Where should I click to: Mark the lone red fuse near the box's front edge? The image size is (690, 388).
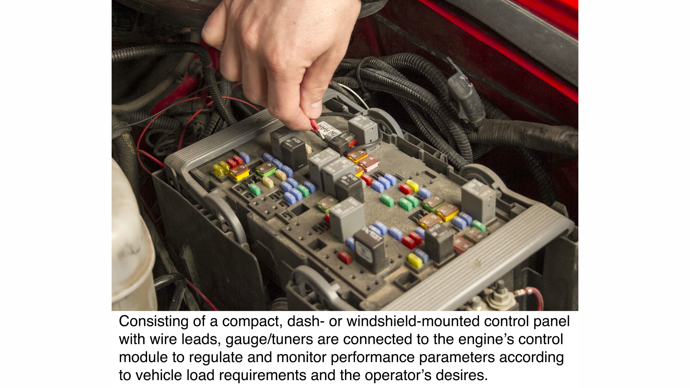[x=344, y=257]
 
